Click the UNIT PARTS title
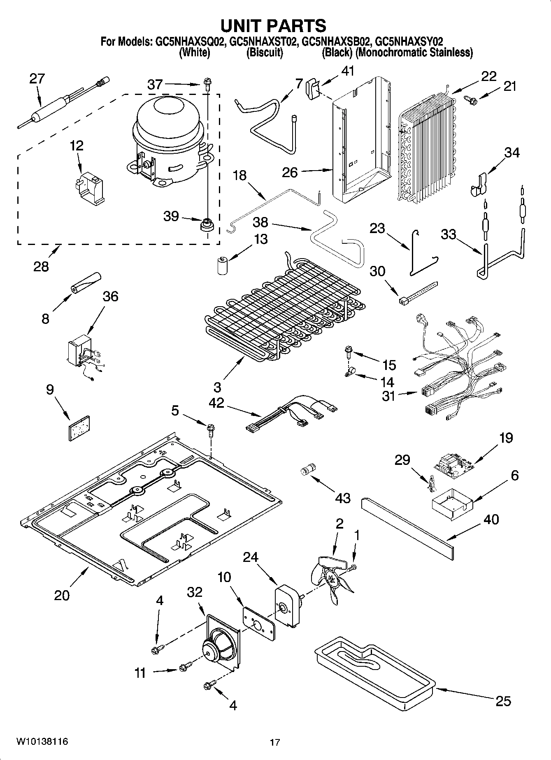click(x=273, y=25)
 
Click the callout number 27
click(x=37, y=79)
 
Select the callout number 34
click(x=512, y=152)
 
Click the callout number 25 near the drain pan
click(x=503, y=700)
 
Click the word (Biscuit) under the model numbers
click(x=264, y=53)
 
